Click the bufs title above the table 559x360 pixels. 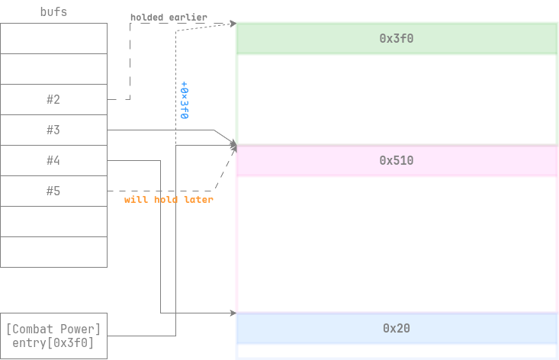[53, 12]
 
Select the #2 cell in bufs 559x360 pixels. [53, 99]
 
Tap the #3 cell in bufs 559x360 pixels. [53, 130]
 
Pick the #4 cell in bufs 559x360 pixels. [53, 160]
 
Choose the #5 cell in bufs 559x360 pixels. [53, 191]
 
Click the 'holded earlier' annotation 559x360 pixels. [169, 17]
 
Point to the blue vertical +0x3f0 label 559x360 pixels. [185, 100]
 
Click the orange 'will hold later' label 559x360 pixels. [169, 199]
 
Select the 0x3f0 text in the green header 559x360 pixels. [397, 37]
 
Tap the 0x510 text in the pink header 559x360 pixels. [397, 161]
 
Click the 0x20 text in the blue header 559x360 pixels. [397, 328]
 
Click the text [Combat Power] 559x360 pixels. [53, 329]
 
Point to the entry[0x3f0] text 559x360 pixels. [53, 343]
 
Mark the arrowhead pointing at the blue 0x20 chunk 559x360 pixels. [232, 313]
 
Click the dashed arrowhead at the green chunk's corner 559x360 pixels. [232, 24]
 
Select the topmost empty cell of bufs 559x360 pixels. [53, 38]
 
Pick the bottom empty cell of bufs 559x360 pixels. [53, 252]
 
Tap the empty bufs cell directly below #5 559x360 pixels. [53, 221]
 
